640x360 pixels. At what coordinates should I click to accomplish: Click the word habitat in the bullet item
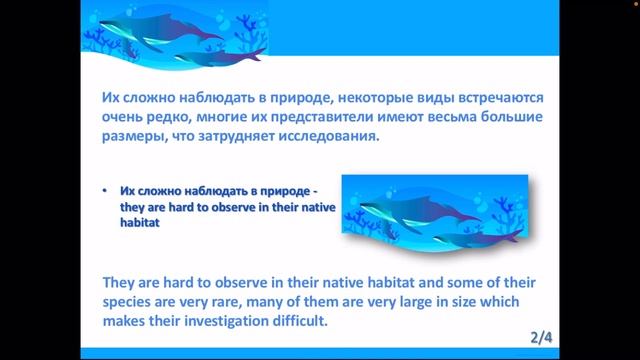[x=140, y=224]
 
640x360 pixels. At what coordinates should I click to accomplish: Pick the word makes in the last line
[x=127, y=321]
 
